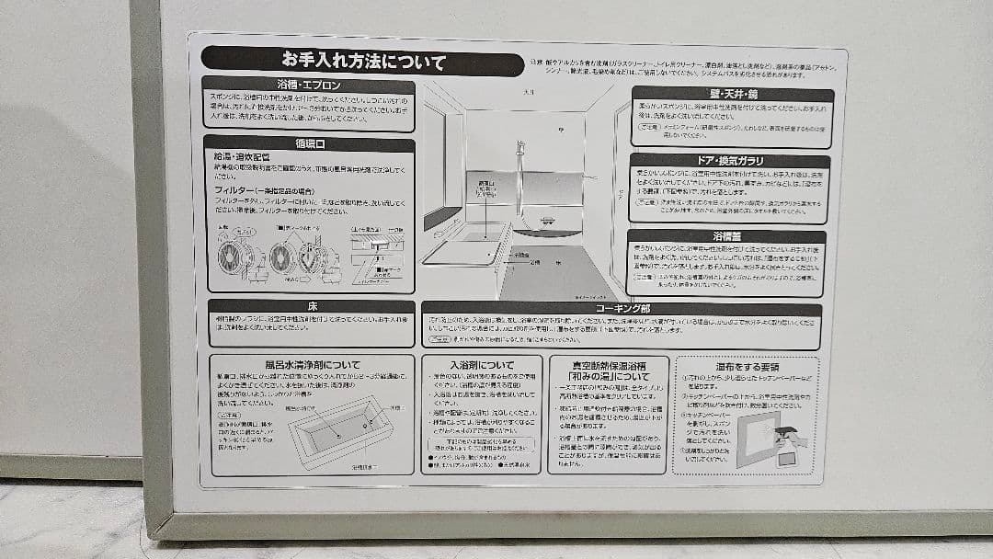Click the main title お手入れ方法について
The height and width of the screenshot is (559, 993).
(363, 63)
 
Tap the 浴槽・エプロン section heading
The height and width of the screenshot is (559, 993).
(308, 86)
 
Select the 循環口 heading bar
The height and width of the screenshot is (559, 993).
(308, 144)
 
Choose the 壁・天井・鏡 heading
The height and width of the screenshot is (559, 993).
(732, 94)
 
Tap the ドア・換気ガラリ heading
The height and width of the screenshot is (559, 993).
(732, 161)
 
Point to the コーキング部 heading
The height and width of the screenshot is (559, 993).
(622, 310)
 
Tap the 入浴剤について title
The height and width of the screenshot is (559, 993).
(482, 365)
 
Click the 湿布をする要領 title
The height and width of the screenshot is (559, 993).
(747, 366)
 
